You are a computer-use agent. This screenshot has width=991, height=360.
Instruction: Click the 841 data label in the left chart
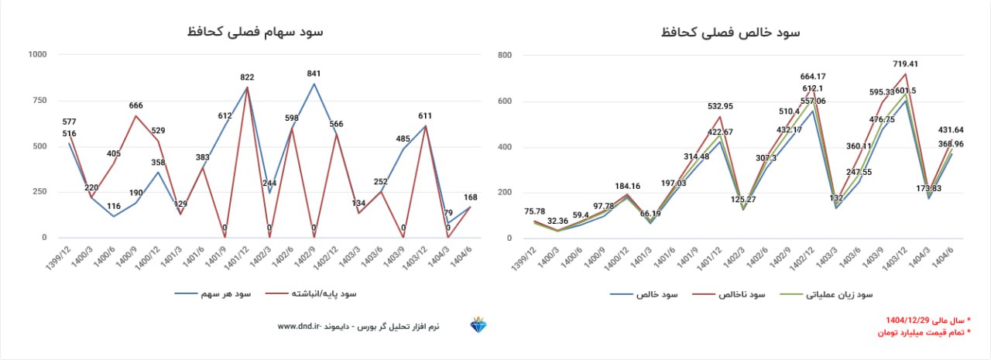click(x=314, y=74)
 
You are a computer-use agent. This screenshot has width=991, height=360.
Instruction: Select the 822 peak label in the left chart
click(x=247, y=77)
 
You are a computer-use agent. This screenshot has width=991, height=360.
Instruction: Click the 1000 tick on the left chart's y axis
click(x=36, y=54)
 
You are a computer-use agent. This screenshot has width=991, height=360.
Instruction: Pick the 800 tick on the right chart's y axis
click(x=505, y=55)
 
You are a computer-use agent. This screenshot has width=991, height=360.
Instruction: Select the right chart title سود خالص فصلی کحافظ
click(x=731, y=32)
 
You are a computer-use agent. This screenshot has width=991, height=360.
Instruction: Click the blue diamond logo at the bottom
click(x=480, y=326)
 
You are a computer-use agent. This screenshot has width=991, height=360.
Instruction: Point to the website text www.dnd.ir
click(x=299, y=327)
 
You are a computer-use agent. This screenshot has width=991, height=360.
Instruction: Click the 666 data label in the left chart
click(x=135, y=105)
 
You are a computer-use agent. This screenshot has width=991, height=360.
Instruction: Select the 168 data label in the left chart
click(x=471, y=197)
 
